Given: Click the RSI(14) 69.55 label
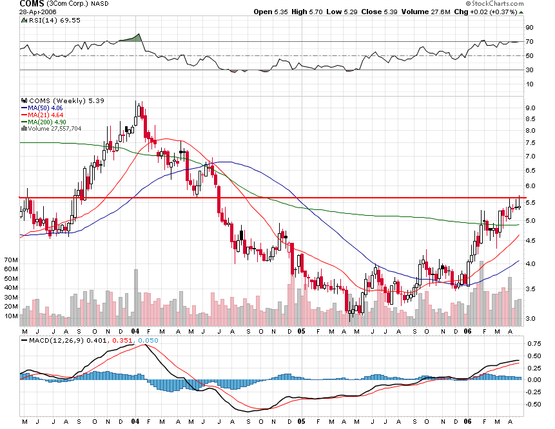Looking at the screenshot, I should coord(44,21).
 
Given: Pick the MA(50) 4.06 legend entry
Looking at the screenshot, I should coord(43,108).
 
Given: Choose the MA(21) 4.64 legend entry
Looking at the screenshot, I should coord(43,115).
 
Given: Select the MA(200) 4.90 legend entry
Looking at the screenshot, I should coord(45,122).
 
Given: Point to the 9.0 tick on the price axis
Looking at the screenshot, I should coord(529,108).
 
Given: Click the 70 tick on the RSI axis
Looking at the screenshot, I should coord(529,42).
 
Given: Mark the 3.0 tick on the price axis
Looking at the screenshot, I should coord(529,319).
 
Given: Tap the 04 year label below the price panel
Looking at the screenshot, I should coord(135,330).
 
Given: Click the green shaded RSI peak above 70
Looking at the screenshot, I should coord(134,38).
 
